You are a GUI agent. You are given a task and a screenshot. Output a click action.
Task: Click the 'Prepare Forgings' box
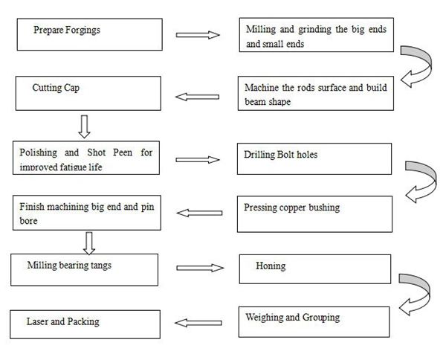pos(90,34)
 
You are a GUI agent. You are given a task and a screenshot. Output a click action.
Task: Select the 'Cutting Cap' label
pos(56,88)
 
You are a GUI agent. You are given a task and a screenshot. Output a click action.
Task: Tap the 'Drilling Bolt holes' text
pos(280,154)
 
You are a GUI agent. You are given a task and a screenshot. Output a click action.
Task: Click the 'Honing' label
pos(271,266)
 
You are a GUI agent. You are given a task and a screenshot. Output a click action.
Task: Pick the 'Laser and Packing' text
pos(63,321)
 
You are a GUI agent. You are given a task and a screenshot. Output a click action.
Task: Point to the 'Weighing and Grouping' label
pos(293,318)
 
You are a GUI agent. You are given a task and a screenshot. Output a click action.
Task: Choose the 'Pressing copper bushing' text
pos(292,208)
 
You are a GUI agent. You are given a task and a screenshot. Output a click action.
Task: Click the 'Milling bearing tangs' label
pos(69,266)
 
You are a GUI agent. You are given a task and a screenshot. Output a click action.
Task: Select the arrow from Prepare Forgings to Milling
pos(198,35)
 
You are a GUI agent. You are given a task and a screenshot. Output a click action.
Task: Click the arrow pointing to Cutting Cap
pos(197,97)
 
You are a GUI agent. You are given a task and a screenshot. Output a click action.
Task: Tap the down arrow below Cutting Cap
pos(84,126)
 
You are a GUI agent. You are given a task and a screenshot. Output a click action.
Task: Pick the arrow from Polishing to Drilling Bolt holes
pos(198,160)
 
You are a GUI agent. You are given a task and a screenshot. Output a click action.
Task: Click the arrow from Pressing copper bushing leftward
pos(199,213)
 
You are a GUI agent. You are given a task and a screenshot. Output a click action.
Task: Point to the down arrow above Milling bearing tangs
pos(89,243)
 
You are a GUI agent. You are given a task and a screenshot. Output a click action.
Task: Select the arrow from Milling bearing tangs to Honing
pos(200,268)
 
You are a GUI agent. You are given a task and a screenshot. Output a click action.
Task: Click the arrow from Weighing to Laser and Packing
pos(198,323)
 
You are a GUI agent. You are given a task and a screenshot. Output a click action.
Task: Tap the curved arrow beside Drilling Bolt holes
pos(434,179)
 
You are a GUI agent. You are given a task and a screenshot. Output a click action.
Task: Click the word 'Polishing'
pos(39,152)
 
